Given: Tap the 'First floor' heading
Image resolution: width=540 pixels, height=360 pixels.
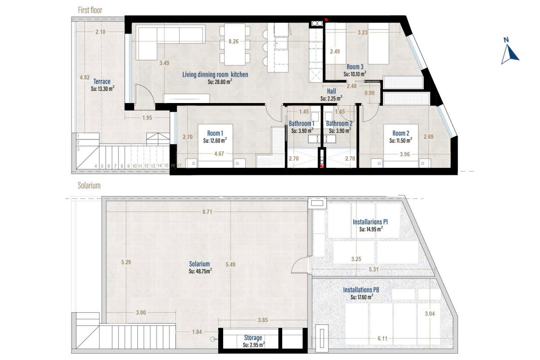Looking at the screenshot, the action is coord(90,10).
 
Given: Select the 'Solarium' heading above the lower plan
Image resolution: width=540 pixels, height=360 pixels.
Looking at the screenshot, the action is coord(89,185).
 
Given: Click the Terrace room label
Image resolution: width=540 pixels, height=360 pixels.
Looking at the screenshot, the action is coord(102,81).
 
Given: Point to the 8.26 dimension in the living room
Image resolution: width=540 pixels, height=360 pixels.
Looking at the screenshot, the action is coord(234,41).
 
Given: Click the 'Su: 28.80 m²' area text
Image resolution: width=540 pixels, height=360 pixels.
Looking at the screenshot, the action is coord(220,82).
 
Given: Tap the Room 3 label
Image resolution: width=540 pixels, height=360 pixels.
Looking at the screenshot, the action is coord(355,67).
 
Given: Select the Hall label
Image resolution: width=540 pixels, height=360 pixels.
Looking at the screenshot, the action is coord(331,91).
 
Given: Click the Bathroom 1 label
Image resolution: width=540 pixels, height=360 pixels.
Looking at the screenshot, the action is coord(301,123).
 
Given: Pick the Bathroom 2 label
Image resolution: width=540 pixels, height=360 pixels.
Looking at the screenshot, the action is coord(339,123).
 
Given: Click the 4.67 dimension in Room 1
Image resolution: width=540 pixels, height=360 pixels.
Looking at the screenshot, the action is coord(219,153).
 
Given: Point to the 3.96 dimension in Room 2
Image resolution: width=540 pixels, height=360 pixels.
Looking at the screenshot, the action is coord(405,154).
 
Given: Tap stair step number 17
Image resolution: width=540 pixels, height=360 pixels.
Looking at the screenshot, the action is coord(179,166).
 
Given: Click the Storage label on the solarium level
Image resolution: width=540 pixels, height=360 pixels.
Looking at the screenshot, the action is coord(253,337).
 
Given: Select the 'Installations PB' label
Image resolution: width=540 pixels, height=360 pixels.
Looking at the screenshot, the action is coord(361,290).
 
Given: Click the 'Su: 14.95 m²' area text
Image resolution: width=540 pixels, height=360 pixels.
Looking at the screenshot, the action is coord(371,229).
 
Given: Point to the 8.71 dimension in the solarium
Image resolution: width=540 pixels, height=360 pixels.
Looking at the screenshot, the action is coord(207,212).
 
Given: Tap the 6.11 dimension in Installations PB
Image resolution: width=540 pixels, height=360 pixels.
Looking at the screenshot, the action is coord(382,338).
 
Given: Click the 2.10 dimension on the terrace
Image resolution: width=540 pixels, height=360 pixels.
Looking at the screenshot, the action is coord(100,32).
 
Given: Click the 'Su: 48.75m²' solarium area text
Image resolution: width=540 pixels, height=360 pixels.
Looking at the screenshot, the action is coord(200,271).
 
